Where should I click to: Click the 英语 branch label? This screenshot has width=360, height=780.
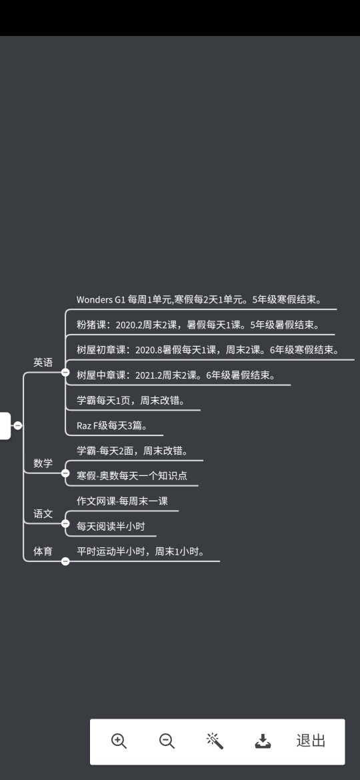(43, 362)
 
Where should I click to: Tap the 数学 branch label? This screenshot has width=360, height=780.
(43, 463)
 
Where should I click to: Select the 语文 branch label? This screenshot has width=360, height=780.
(43, 513)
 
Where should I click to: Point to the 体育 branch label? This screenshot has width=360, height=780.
(43, 551)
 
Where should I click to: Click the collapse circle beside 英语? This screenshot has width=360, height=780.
(65, 372)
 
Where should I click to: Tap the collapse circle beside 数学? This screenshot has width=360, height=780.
(65, 473)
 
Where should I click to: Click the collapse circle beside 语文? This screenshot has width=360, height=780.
(65, 523)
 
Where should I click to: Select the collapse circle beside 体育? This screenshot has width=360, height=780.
(65, 561)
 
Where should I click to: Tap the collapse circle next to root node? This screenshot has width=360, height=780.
(18, 425)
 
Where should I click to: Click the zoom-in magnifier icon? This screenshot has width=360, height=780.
(119, 741)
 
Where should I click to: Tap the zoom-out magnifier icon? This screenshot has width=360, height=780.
(167, 741)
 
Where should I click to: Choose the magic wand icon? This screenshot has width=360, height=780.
(215, 741)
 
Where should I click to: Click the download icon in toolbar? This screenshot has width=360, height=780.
(263, 741)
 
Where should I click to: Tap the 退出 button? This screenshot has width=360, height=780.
(311, 741)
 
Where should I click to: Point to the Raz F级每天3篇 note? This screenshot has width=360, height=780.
(113, 426)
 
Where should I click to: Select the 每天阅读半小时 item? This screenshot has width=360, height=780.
(111, 526)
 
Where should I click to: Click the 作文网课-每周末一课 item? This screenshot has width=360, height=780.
(122, 501)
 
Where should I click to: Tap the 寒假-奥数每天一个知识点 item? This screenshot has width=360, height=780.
(132, 475)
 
